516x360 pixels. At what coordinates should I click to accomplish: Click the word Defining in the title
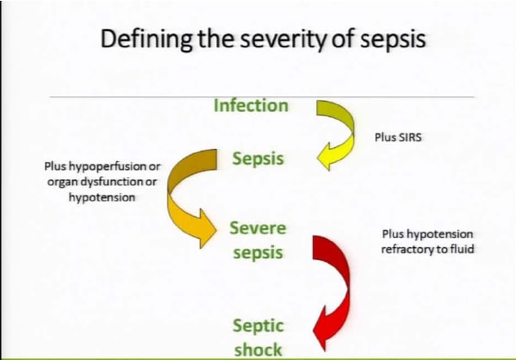pos(146,40)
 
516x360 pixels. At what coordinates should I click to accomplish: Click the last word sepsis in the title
pos(393,40)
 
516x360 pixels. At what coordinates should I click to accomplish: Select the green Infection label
pos(251,106)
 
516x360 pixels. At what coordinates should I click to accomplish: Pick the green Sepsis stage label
pos(258,159)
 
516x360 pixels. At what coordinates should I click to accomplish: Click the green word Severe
pos(258,228)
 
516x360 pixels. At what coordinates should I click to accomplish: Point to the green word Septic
pos(258,326)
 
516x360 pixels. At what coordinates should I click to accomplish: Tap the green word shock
pos(258,350)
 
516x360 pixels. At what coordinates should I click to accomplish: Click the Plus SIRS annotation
pos(398,137)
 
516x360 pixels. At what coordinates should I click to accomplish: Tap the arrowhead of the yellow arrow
pos(325,157)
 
